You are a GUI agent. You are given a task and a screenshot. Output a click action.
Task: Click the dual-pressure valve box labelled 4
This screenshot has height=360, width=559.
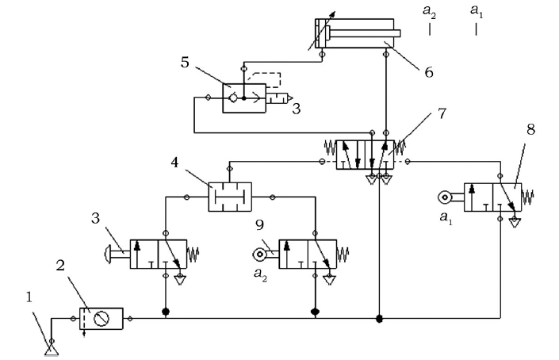tap(229, 195)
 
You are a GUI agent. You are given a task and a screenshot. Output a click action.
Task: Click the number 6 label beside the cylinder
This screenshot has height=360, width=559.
tap(429, 71)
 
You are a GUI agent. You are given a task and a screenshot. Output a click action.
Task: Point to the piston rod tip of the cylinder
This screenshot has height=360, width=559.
tap(398, 33)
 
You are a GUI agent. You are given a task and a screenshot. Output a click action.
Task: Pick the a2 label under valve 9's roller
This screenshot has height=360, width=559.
tap(259, 273)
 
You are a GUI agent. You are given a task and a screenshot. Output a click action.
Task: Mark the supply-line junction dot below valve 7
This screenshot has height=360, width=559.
tap(380, 319)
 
